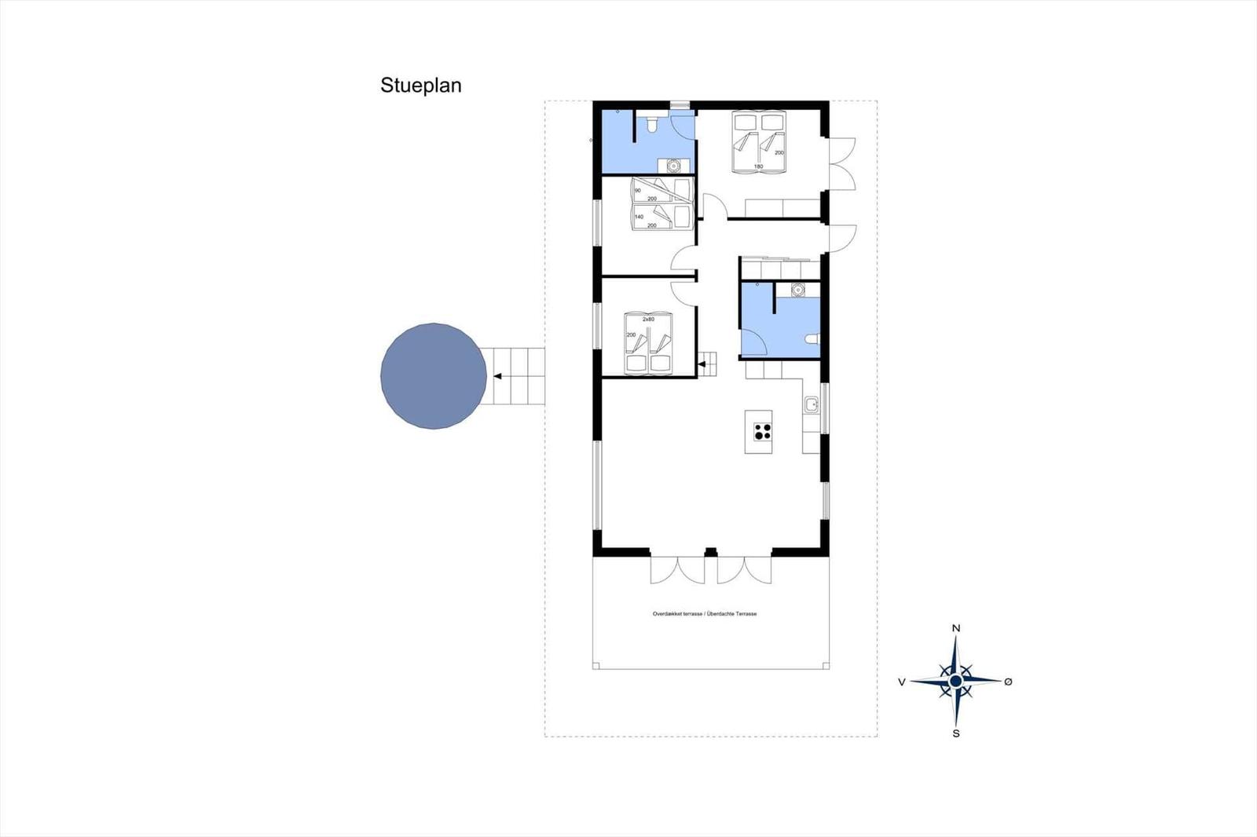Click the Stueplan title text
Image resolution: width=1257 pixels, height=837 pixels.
coord(420,86)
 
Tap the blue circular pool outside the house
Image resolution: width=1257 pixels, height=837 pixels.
coord(434,375)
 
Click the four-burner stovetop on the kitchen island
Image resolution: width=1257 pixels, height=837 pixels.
coord(762,431)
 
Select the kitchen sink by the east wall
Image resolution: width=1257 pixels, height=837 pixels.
coord(811,405)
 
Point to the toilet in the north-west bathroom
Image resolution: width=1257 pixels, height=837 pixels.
coord(650,126)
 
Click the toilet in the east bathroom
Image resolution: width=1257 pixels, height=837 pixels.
coord(813,340)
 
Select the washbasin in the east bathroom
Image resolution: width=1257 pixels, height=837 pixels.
coord(798,290)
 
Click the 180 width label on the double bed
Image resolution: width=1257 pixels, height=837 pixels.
coord(758,166)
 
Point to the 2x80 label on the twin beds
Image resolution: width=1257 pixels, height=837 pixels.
coord(648,320)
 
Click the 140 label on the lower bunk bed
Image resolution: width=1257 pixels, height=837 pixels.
coord(639,217)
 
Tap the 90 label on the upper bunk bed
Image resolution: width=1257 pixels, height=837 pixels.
coord(638,191)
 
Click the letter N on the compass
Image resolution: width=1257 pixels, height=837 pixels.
coord(956,628)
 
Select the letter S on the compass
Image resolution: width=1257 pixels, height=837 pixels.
coord(956,733)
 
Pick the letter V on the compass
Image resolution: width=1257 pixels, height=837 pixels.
coord(902,682)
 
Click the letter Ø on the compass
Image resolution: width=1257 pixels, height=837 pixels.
coord(1009,682)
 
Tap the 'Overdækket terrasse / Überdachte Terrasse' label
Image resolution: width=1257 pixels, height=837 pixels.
coord(705,614)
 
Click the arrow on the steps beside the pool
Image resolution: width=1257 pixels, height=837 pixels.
coord(498,376)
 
